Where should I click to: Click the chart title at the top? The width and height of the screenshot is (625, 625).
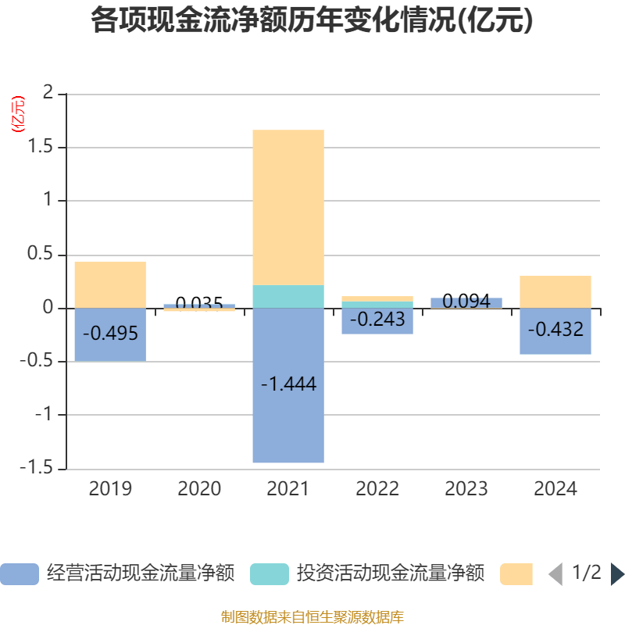coord(312,20)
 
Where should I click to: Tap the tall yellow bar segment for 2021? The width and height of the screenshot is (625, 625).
coord(288,207)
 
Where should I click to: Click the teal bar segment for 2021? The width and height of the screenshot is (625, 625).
coord(288,297)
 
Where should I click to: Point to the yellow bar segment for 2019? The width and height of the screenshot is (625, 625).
coord(110,284)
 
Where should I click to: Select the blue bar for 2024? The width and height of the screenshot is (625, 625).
coord(555,344)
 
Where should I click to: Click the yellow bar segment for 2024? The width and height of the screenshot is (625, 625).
coord(555,291)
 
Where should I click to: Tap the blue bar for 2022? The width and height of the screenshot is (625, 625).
coord(377,328)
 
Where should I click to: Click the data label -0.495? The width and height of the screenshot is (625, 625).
coord(110,334)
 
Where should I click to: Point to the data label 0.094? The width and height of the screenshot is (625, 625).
coord(466,301)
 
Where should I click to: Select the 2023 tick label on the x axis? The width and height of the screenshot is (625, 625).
coord(466,489)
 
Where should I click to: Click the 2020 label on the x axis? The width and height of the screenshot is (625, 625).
coord(199,489)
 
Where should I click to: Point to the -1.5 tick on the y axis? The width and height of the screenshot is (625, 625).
coord(42,469)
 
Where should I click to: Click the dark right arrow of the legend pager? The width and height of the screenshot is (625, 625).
coord(617,574)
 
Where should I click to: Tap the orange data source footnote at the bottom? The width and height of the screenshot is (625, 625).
coord(312,616)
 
